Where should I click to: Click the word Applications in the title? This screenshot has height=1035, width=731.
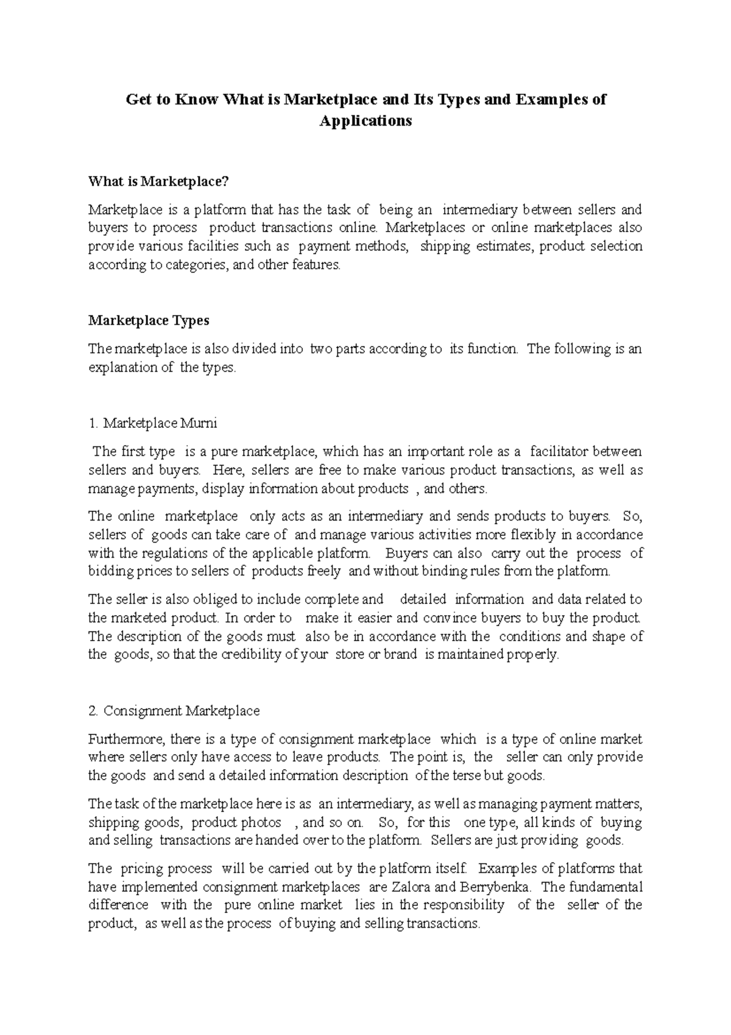365,121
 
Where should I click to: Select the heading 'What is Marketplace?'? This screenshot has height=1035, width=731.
161,181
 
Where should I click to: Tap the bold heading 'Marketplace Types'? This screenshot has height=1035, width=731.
149,320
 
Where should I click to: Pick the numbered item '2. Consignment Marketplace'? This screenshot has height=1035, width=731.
174,710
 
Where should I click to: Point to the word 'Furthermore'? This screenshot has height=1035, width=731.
126,739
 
